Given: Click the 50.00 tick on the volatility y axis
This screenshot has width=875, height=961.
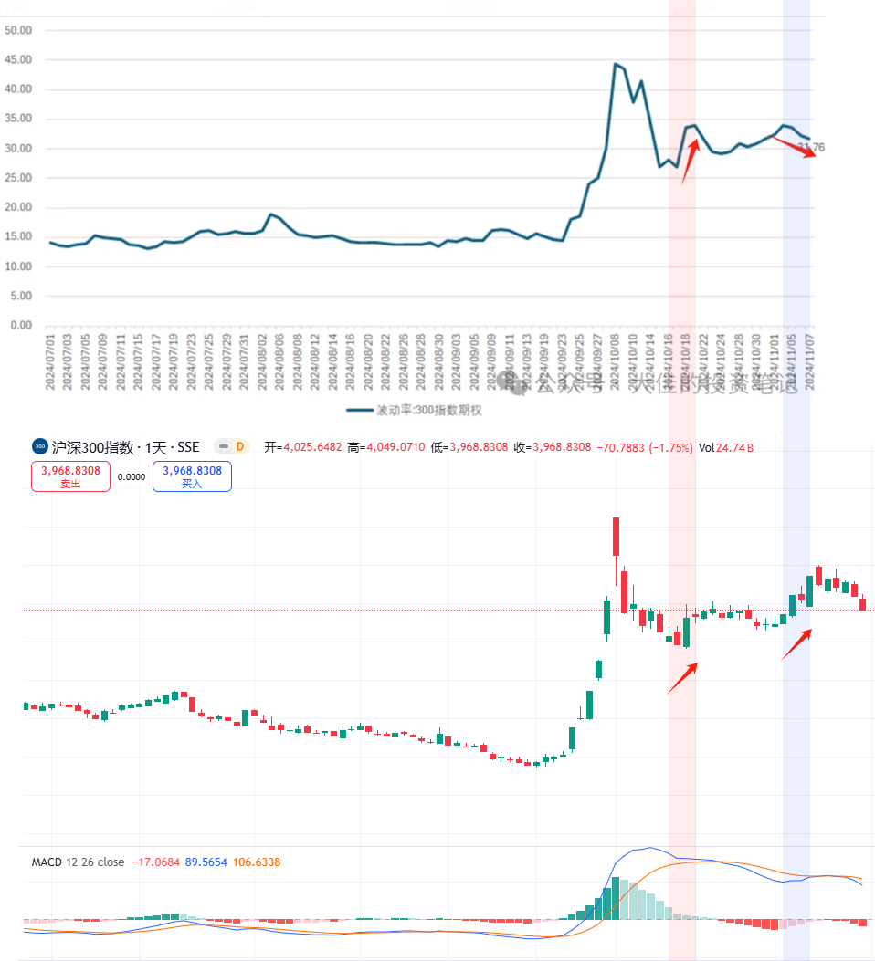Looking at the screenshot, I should coord(18,30).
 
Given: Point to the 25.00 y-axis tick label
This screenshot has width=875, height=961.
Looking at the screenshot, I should coord(18,178).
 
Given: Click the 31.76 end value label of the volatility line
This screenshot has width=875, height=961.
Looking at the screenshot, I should coord(810,147).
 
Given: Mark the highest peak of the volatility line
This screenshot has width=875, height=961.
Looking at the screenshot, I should coord(616,65).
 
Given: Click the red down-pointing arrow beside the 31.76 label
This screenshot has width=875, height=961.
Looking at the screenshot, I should coord(795,147).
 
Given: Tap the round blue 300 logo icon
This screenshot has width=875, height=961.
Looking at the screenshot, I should coord(39,447).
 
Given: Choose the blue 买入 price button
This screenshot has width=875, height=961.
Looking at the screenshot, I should coord(192,475).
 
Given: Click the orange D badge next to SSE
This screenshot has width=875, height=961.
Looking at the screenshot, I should coord(240,447).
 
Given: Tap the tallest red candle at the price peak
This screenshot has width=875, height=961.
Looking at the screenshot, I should coord(616,537).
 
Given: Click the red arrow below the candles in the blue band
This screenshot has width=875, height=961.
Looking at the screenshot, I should coord(796,644).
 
